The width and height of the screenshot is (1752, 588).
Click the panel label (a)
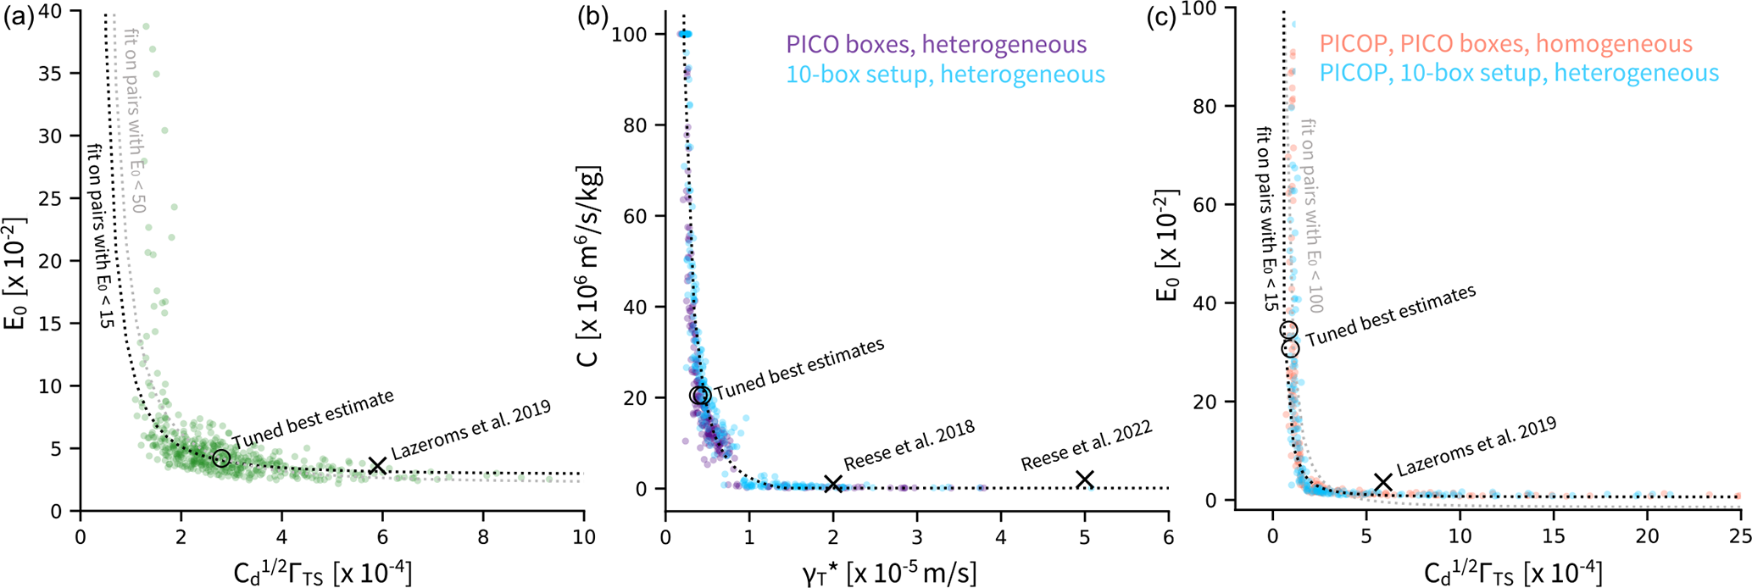[18, 17]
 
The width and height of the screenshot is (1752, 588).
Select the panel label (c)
[1162, 17]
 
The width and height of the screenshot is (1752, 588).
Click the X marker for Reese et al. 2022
[1084, 480]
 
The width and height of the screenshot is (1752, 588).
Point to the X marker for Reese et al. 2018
[833, 483]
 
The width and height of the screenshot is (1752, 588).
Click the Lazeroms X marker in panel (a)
[378, 465]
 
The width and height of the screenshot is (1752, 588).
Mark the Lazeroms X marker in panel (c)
[1383, 482]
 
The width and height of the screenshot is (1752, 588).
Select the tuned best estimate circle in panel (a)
[221, 458]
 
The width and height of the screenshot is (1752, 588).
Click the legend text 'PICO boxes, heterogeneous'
[936, 44]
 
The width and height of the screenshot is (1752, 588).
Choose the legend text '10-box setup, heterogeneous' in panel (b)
[945, 75]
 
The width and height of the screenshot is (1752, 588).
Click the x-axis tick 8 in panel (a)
[483, 536]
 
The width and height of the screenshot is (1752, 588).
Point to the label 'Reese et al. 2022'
[1086, 446]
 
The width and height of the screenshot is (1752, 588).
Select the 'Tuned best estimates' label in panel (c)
[1390, 316]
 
